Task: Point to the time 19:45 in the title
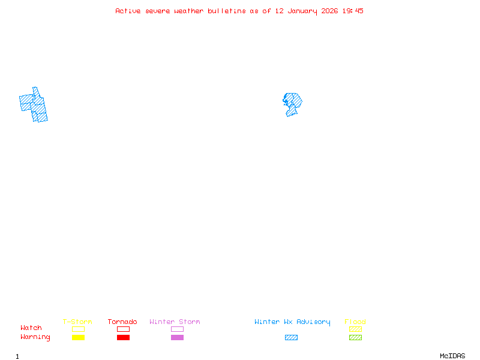coord(353,11)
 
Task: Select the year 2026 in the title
coord(329,11)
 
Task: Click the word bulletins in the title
coord(227,11)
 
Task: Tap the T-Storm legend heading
coord(77,322)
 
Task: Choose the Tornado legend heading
coord(122,322)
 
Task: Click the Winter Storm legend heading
coord(175,322)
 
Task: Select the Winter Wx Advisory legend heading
coord(292,322)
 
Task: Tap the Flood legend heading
coord(355,322)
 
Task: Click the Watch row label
coord(31,328)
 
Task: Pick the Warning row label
coord(35,337)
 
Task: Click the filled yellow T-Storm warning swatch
coord(78,338)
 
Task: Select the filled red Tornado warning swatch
coord(123,338)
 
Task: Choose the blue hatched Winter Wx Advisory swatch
coord(291,338)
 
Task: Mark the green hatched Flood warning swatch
coord(355,338)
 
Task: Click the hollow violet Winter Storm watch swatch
coord(177,329)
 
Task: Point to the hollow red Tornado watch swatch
coord(123,329)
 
